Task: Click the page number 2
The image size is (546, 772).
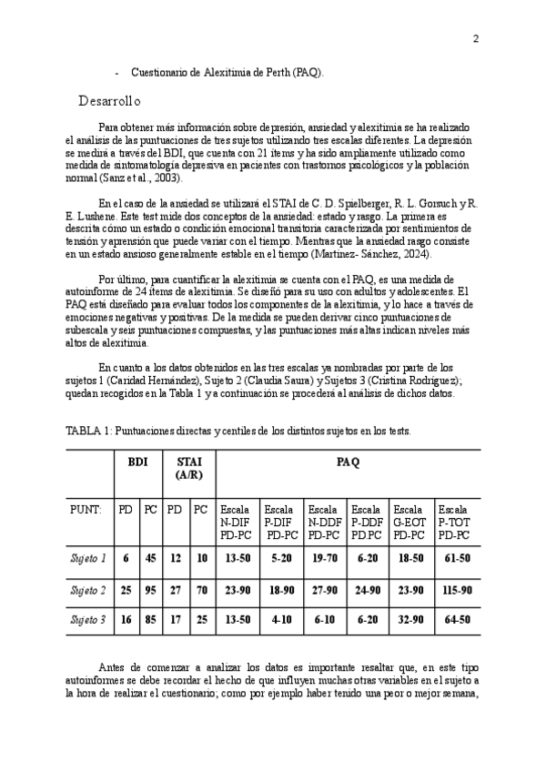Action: pos(475,38)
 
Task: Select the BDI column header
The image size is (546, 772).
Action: pos(137,462)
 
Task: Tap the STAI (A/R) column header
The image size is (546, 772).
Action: pos(188,468)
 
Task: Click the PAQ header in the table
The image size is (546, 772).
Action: pos(348,462)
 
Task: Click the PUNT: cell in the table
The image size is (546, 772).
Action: pos(86,510)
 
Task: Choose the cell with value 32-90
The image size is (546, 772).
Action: pos(410,620)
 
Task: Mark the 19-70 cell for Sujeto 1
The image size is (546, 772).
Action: pos(325,557)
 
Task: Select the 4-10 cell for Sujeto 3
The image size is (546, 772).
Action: pos(280,620)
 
